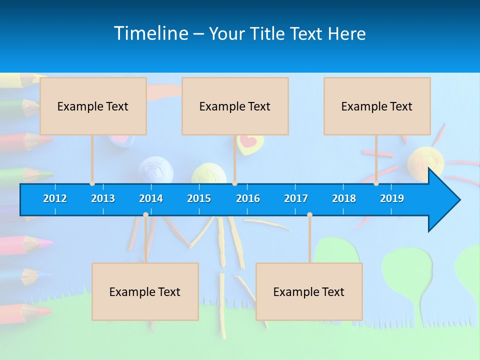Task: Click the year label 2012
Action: pyautogui.click(x=55, y=198)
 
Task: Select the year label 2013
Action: pyautogui.click(x=103, y=198)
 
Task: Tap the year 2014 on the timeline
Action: pyautogui.click(x=151, y=198)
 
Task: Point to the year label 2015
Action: pyautogui.click(x=199, y=198)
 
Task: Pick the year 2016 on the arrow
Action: pyautogui.click(x=248, y=198)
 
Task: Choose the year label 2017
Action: pyautogui.click(x=296, y=198)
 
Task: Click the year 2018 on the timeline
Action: pyautogui.click(x=344, y=198)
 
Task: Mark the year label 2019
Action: pyautogui.click(x=392, y=198)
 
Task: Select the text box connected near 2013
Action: pyautogui.click(x=93, y=106)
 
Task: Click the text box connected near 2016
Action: pyautogui.click(x=235, y=106)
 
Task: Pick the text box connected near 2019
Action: pyautogui.click(x=377, y=106)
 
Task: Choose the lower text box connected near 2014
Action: pyautogui.click(x=145, y=291)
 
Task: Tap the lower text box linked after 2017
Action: pyautogui.click(x=309, y=291)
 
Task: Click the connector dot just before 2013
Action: pyautogui.click(x=92, y=183)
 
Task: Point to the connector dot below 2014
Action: pyautogui.click(x=145, y=215)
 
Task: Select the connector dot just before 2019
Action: pyautogui.click(x=376, y=183)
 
